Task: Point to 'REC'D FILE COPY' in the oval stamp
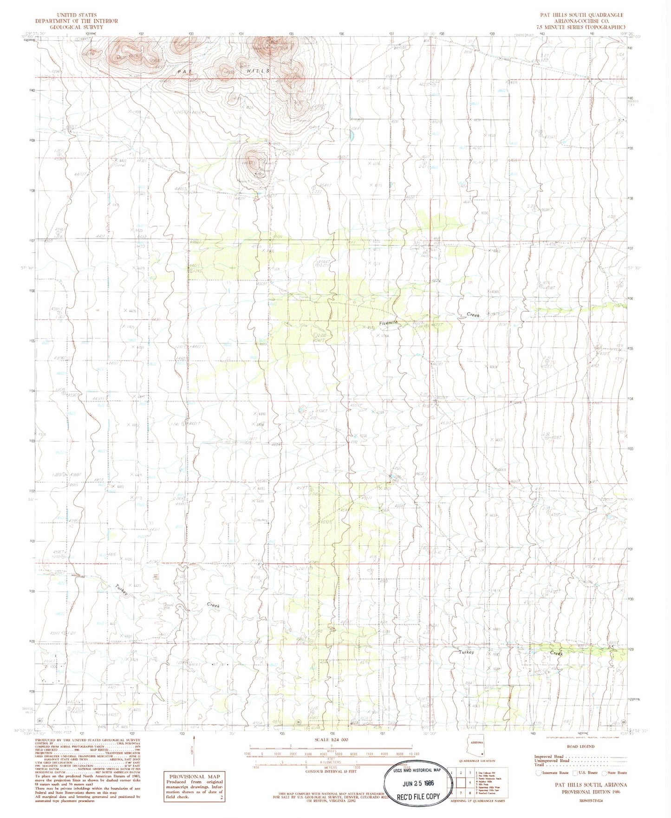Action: click(x=418, y=796)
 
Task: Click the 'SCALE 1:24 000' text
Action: click(x=331, y=740)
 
